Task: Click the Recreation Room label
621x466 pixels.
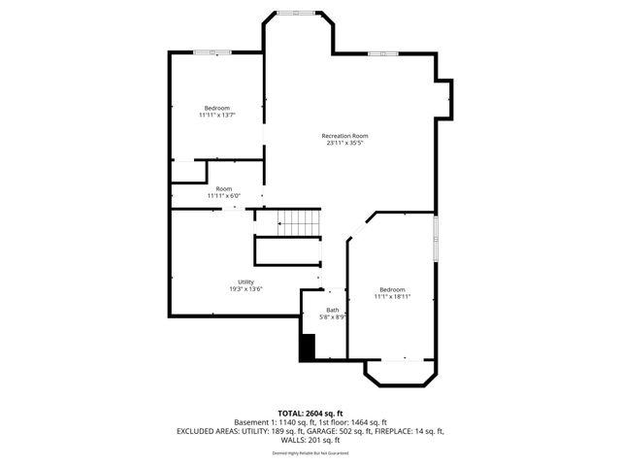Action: coord(345,136)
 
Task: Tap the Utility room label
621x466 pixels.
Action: coord(245,282)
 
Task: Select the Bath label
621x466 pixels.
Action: coord(333,310)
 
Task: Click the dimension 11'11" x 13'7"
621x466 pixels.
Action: coord(216,115)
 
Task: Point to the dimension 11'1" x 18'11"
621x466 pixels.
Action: coord(392,296)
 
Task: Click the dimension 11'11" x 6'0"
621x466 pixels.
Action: coord(224,195)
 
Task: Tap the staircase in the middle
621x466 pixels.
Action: coord(300,222)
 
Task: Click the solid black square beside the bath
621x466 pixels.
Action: coord(308,348)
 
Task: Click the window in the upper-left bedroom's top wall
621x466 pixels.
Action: coord(212,51)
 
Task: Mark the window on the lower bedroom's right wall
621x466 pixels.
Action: coord(436,239)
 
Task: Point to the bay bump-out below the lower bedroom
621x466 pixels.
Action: coord(401,372)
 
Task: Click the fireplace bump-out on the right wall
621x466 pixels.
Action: coord(444,99)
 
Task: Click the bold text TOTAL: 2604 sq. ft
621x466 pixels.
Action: coord(310,414)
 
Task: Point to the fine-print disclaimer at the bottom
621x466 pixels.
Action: coord(310,452)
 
